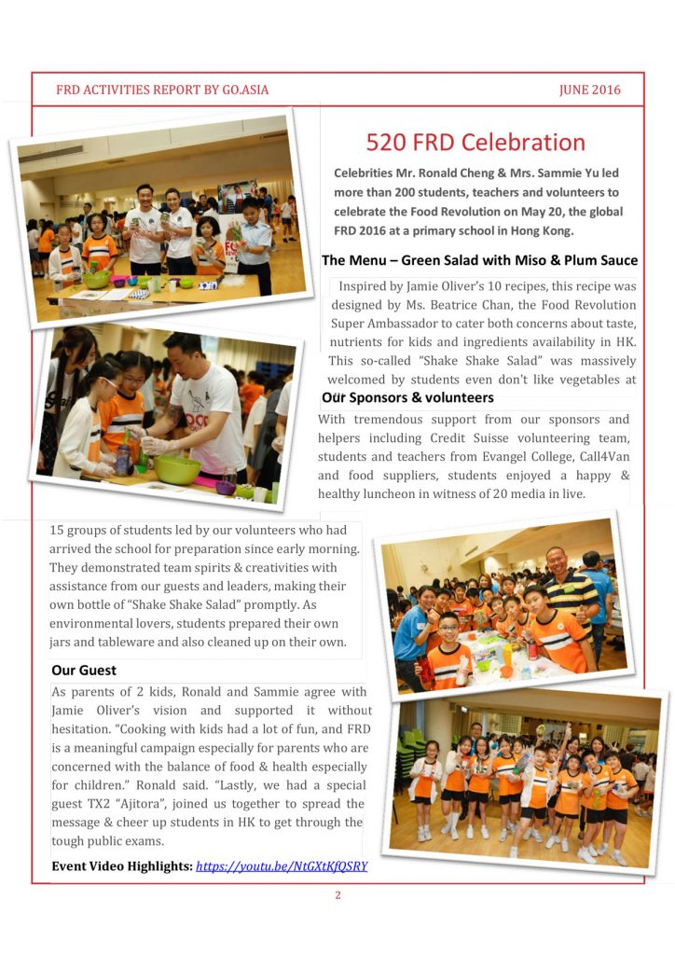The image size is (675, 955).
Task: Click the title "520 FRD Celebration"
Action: pyautogui.click(x=475, y=143)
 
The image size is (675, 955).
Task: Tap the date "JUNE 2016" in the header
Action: pyautogui.click(x=589, y=90)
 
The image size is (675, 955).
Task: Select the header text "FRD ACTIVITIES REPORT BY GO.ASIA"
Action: pyautogui.click(x=162, y=90)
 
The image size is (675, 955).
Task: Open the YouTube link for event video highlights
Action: pyautogui.click(x=282, y=865)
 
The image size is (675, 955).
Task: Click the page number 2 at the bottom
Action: pyautogui.click(x=337, y=895)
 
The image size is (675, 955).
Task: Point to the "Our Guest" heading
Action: pyautogui.click(x=84, y=671)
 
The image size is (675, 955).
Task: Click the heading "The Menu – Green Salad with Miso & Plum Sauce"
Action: pyautogui.click(x=479, y=260)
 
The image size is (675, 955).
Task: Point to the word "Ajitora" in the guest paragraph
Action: pyautogui.click(x=153, y=803)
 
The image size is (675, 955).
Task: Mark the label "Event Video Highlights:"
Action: pyautogui.click(x=121, y=865)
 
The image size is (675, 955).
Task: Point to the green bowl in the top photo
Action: pyautogui.click(x=96, y=279)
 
